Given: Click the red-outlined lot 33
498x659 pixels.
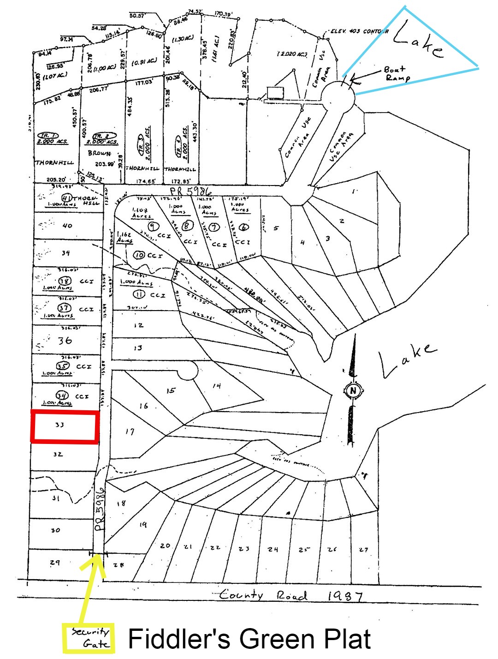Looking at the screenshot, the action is [65, 427].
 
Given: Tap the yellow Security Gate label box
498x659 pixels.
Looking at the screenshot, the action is [89, 638].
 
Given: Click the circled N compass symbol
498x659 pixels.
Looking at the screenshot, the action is [354, 391].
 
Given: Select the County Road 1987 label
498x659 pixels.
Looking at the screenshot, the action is [290, 595].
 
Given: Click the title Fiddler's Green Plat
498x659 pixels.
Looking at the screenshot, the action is [249, 639].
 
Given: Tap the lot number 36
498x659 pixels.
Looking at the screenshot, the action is [65, 341].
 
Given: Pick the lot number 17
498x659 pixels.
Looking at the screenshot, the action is [130, 431].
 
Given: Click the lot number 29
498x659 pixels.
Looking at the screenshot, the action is [55, 563].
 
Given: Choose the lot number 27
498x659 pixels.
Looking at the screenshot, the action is [364, 549].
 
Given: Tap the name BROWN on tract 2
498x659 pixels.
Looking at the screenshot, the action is [100, 153].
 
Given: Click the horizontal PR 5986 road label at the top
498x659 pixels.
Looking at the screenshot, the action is [191, 191].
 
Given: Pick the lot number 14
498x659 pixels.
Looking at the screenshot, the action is [216, 386].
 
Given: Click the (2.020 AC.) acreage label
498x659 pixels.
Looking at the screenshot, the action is [292, 54].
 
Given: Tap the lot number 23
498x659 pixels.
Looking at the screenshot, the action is [244, 548].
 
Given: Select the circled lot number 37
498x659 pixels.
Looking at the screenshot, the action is [65, 308].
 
